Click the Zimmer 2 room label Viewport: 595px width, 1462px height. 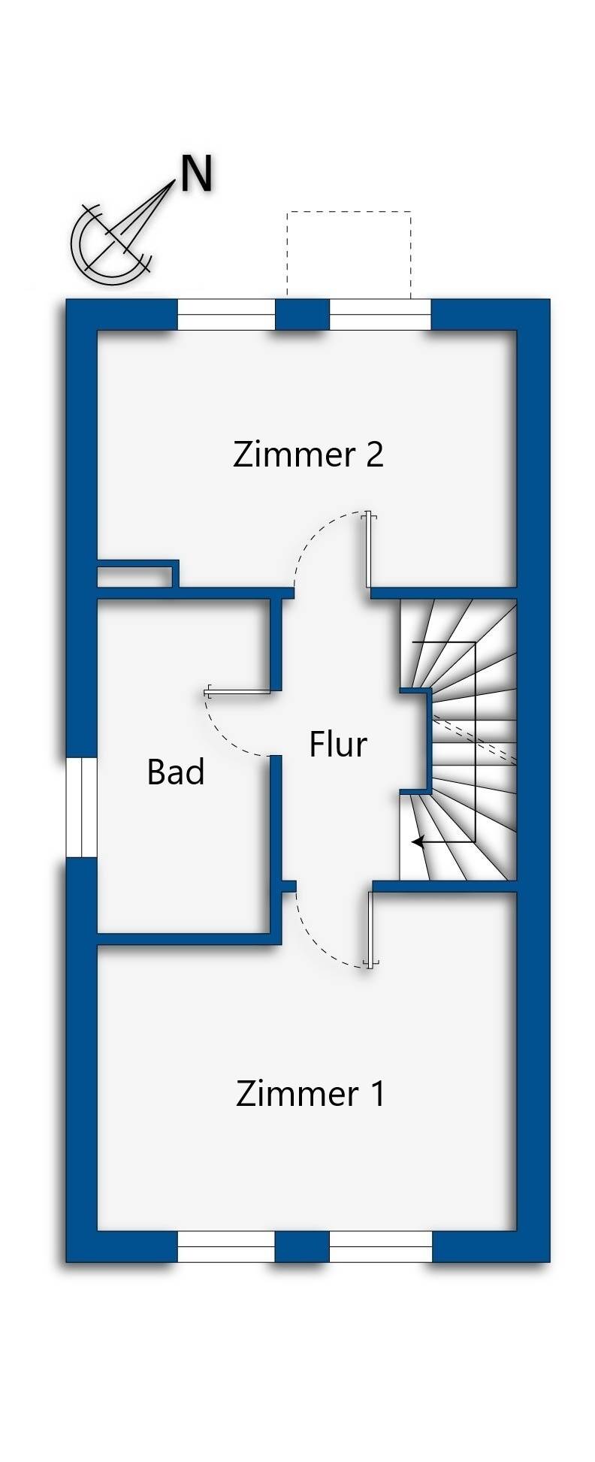pyautogui.click(x=308, y=455)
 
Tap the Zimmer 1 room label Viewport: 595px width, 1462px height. pyautogui.click(x=310, y=1093)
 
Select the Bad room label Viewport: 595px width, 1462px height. pyautogui.click(x=176, y=772)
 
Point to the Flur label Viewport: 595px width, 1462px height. pyautogui.click(x=338, y=745)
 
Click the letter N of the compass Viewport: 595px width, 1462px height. pyautogui.click(x=196, y=174)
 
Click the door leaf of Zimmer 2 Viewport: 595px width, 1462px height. pyautogui.click(x=368, y=550)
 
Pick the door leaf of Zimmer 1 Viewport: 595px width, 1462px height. pyautogui.click(x=370, y=929)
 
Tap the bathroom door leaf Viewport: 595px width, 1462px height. pyautogui.click(x=239, y=690)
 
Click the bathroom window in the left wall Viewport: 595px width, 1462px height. pyautogui.click(x=81, y=807)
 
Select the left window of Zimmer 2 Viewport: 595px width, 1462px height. pyautogui.click(x=226, y=315)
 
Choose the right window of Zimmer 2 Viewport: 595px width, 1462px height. pyautogui.click(x=380, y=315)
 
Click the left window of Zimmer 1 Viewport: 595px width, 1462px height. pyautogui.click(x=226, y=1246)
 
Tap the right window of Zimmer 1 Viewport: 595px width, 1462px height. pyautogui.click(x=380, y=1246)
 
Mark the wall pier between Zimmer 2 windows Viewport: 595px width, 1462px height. pyautogui.click(x=302, y=315)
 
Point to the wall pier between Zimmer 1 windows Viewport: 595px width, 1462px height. pyautogui.click(x=302, y=1246)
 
